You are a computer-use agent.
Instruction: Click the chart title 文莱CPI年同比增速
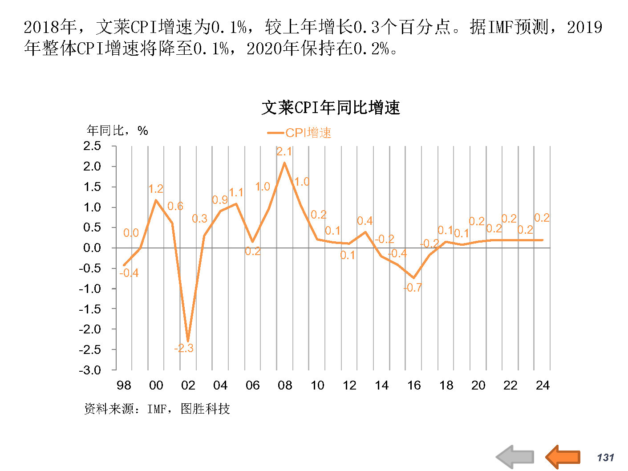(331, 108)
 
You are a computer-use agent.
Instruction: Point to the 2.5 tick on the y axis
(92, 146)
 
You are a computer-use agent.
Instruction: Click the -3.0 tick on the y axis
(90, 370)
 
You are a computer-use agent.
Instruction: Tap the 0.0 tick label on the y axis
(92, 248)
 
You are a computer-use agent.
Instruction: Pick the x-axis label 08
(284, 385)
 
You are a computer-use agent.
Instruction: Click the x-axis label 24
(542, 385)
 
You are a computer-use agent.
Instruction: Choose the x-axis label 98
(124, 385)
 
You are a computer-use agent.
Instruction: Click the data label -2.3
(184, 348)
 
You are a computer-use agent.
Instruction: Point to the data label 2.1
(284, 152)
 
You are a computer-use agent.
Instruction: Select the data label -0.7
(413, 288)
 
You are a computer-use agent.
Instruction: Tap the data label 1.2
(156, 189)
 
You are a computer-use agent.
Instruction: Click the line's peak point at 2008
(284, 163)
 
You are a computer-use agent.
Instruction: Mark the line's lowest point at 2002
(188, 341)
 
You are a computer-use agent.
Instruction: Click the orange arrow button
(563, 456)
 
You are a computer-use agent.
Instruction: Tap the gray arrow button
(515, 456)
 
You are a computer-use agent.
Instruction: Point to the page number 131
(605, 458)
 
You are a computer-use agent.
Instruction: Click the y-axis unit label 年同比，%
(117, 130)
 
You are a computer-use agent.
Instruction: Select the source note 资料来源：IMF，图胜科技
(157, 409)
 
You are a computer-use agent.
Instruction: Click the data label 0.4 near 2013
(365, 221)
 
